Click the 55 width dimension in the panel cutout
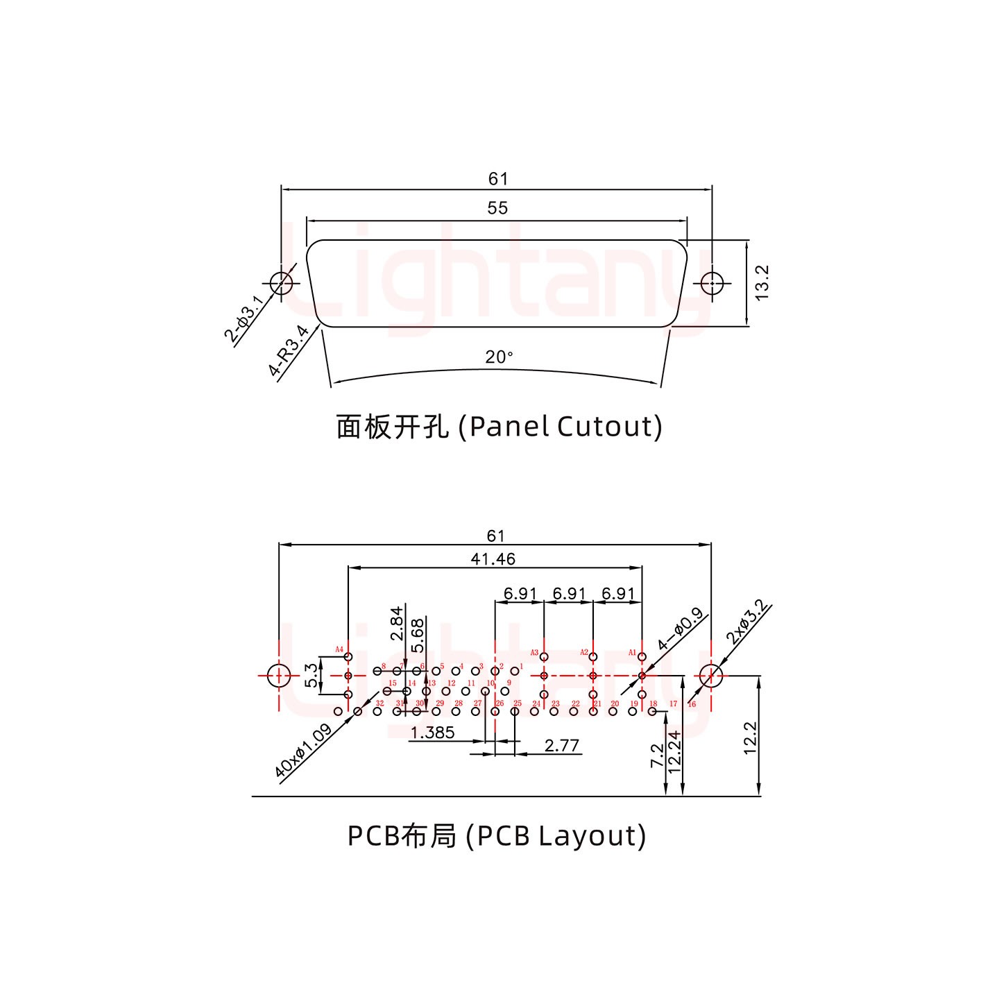pos(497,208)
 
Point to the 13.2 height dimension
pos(762,282)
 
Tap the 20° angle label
pos(499,357)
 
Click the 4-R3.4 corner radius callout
pos(289,350)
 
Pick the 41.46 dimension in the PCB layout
pos(493,558)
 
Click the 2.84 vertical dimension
pos(396,623)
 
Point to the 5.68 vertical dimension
pos(417,635)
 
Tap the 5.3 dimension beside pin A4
pos(312,675)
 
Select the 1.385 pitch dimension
pos(432,733)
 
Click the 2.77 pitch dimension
pos(561,745)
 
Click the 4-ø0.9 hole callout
pos(680,629)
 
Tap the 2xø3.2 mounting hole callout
pos(747,622)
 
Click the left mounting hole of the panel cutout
pos(281,283)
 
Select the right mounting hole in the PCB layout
pos(711,675)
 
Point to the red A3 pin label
pos(534,653)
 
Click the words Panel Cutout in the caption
pos(563,427)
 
